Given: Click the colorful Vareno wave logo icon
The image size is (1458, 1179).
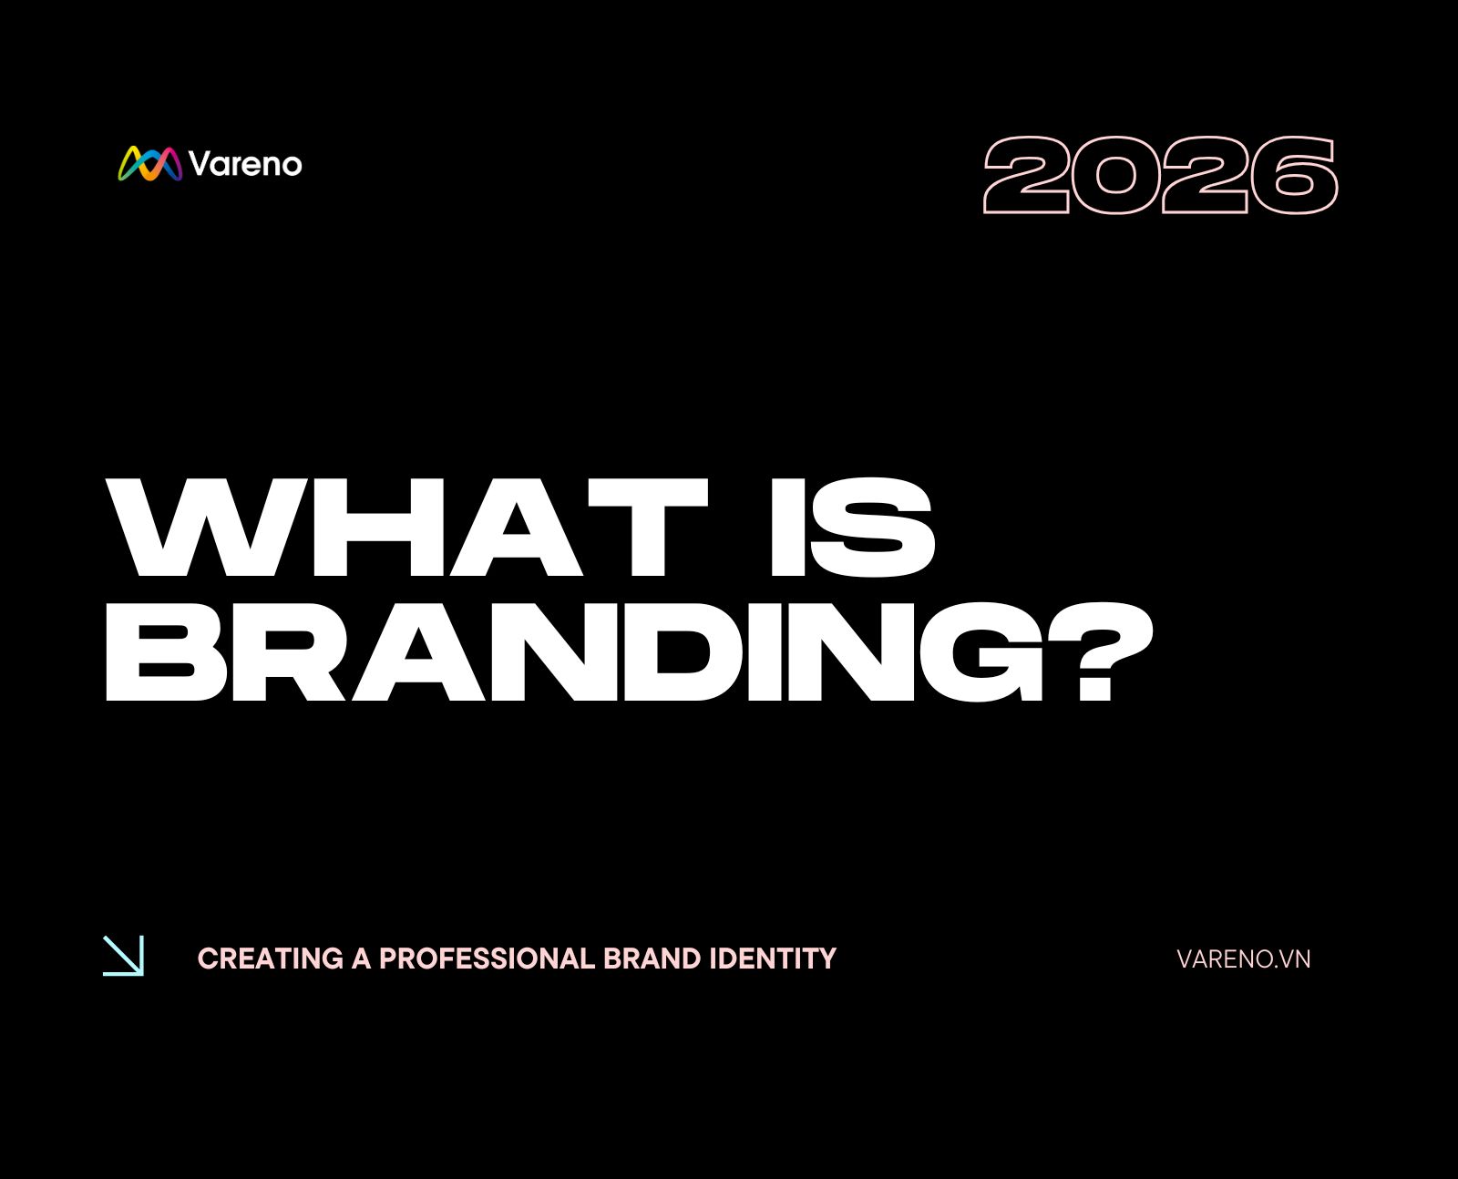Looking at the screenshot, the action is point(150,164).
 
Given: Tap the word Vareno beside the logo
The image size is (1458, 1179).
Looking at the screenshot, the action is point(245,164).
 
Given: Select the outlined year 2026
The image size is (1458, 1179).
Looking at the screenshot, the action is point(1160,175).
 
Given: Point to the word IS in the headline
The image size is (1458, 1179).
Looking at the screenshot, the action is point(852,527).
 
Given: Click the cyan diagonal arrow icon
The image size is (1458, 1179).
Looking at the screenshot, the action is point(123,956).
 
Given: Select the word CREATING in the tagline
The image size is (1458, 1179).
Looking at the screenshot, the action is point(271,959).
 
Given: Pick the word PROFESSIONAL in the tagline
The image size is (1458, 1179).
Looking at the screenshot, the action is point(488,959).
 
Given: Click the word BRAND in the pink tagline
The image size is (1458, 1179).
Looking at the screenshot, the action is point(652,959).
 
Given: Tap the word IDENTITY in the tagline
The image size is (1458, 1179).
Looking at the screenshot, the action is point(773,959).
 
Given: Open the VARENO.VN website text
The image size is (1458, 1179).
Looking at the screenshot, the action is point(1243,959).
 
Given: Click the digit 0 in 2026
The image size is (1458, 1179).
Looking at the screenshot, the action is point(1115,175).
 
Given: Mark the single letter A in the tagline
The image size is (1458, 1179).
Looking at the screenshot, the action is point(362,959).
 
